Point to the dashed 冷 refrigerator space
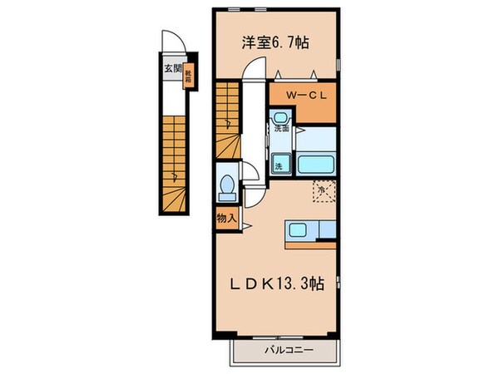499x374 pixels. (x=324, y=190)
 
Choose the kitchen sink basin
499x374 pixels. (x=298, y=230)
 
